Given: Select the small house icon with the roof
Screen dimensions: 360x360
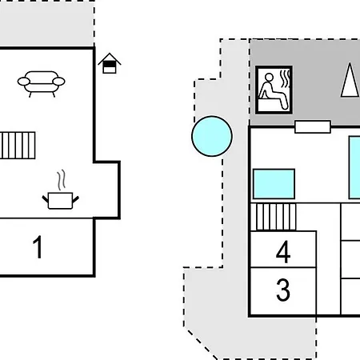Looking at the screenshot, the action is [110, 63].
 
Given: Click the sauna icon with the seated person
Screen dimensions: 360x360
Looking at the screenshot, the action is [274, 90].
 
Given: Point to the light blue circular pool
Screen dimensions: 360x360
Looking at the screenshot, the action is [212, 136].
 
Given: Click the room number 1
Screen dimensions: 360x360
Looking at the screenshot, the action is [38, 247].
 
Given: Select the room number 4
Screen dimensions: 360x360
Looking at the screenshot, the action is [283, 251].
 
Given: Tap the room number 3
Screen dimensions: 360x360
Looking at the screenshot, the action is [283, 290].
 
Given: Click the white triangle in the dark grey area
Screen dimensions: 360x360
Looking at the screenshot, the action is [350, 80].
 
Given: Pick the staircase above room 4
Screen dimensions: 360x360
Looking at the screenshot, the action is [274, 217].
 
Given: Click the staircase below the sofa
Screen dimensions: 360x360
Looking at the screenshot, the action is [18, 146].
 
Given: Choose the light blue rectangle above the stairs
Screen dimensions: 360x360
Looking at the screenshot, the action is [274, 184].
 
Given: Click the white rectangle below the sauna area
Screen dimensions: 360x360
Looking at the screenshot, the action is [313, 126].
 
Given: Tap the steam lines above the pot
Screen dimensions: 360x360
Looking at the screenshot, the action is [62, 180].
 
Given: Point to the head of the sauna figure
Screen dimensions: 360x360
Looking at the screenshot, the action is [269, 78].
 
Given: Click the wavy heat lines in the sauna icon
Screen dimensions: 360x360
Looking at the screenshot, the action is [285, 78].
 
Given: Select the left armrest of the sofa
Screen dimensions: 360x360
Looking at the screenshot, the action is [24, 82].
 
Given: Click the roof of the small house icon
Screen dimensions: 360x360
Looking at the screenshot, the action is [110, 58].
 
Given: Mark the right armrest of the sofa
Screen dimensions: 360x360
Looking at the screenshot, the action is [58, 82].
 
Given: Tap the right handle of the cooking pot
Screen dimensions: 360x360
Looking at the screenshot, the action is [76, 199].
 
